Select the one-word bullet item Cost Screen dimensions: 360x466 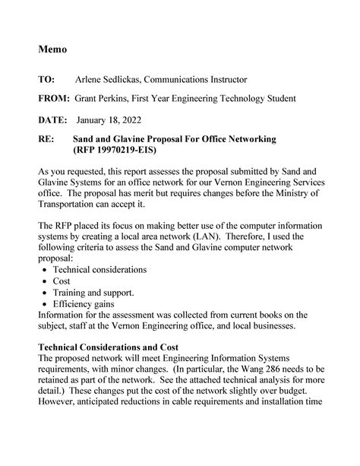(62, 281)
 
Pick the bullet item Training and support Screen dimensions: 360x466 (94, 292)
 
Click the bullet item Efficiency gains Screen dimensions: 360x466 (84, 303)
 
